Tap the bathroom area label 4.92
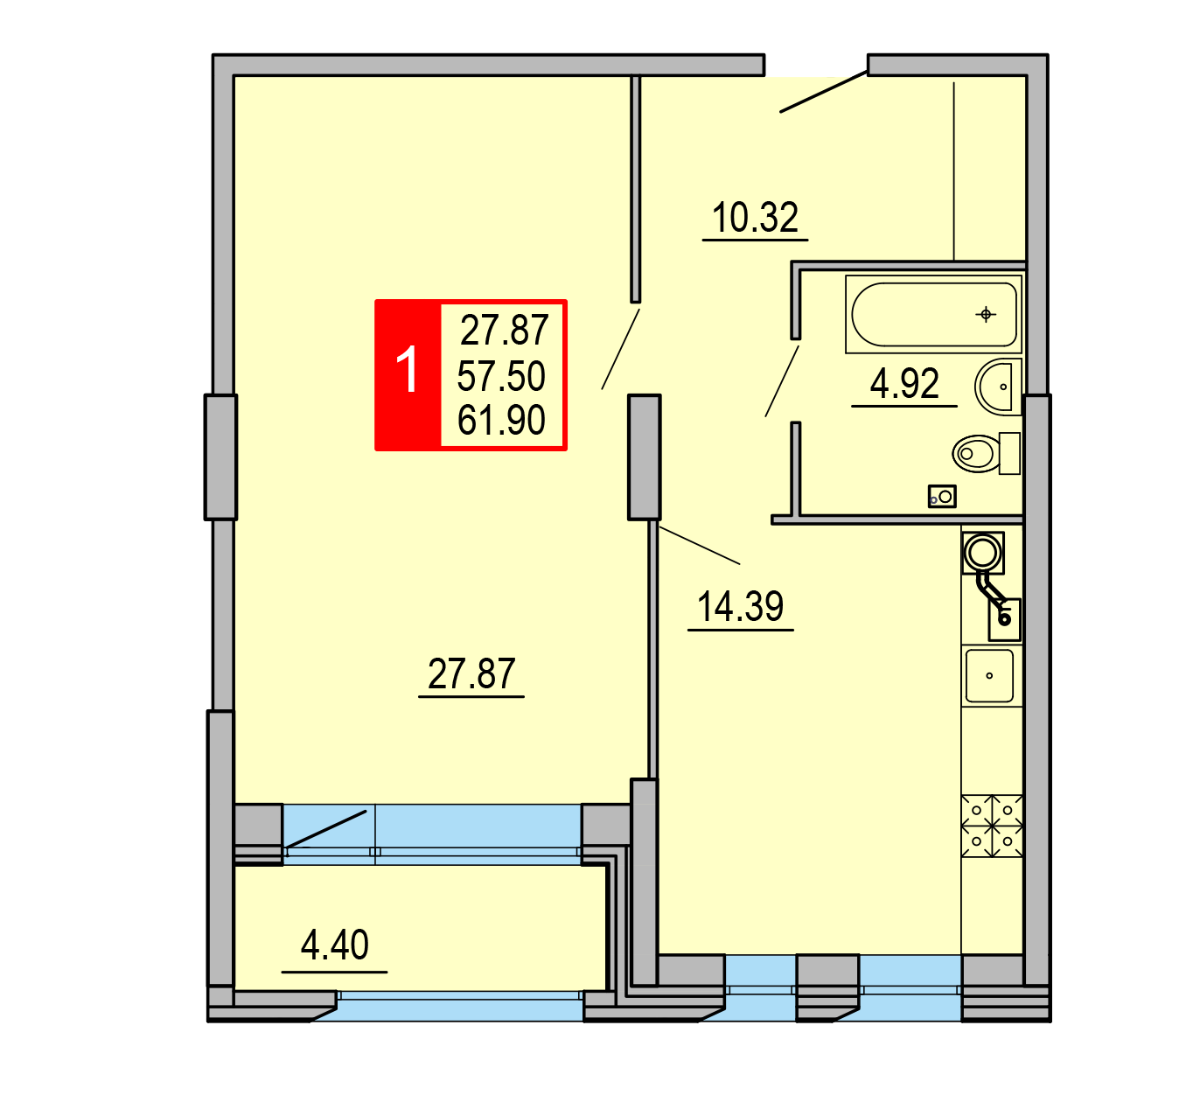903,383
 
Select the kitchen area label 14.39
740,607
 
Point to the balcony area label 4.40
334,945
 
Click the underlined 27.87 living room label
471,673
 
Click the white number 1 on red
407,370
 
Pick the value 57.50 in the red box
501,376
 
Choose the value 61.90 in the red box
501,420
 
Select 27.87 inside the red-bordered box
505,331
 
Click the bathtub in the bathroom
933,315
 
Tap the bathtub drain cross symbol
986,314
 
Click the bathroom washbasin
998,387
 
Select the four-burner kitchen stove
992,826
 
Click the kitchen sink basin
989,676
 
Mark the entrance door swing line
824,92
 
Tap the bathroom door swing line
782,381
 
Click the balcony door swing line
325,829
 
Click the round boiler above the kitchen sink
983,553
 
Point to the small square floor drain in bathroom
942,497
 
